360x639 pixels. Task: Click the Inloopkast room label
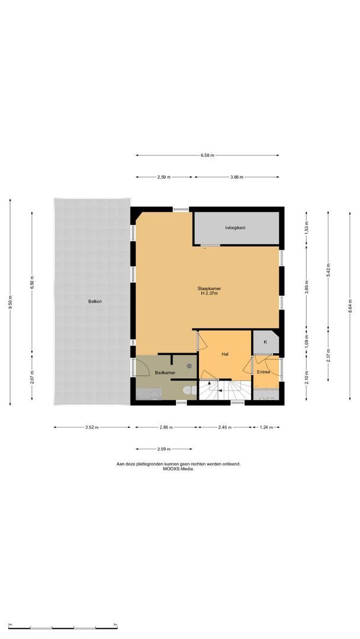click(235, 228)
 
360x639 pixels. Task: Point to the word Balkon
click(95, 302)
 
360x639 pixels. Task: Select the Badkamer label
click(165, 373)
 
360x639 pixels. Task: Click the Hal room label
click(225, 354)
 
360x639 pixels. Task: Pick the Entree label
click(263, 372)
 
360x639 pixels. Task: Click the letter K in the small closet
click(265, 342)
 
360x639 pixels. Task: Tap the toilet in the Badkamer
click(189, 390)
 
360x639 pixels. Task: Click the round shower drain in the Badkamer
click(189, 366)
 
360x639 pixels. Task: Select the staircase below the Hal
click(224, 390)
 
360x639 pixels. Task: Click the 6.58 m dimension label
click(207, 155)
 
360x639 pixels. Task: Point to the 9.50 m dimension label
click(11, 302)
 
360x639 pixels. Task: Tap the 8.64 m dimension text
click(350, 306)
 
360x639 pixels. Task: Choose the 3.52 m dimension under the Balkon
click(92, 428)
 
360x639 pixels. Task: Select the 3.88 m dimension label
click(236, 177)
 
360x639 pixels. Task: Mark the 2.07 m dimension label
click(32, 377)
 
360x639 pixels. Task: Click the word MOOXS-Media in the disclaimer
click(179, 469)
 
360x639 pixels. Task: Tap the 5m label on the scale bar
click(115, 624)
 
